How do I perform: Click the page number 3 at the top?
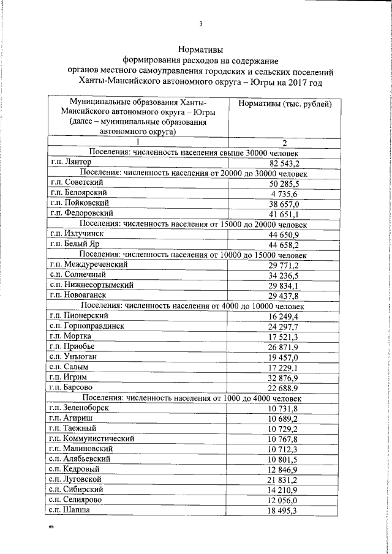point(200,24)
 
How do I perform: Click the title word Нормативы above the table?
point(200,48)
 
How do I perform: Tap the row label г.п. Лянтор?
point(72,163)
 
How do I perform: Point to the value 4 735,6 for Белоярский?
point(283,193)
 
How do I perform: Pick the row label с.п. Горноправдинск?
point(88,326)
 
